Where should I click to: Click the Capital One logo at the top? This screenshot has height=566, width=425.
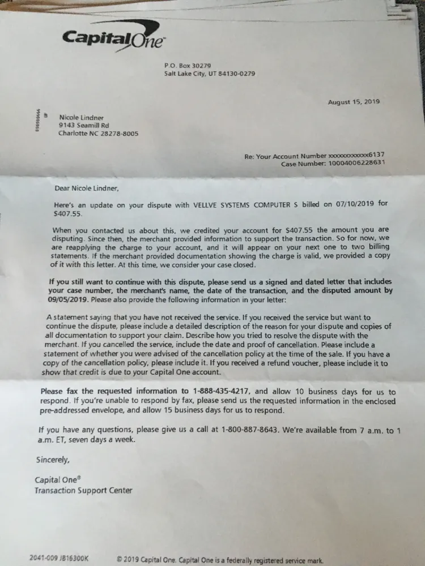pos(114,39)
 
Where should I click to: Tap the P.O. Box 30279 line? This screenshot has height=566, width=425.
pos(188,66)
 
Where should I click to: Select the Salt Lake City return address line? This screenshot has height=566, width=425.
pos(210,74)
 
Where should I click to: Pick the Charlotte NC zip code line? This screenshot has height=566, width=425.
pos(98,134)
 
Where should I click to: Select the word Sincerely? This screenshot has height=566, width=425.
pos(53,459)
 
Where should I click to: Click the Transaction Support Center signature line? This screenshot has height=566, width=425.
pos(83,490)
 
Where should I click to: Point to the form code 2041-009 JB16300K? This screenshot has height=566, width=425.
pos(59,558)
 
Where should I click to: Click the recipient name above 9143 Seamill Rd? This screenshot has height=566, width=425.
pos(82,117)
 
